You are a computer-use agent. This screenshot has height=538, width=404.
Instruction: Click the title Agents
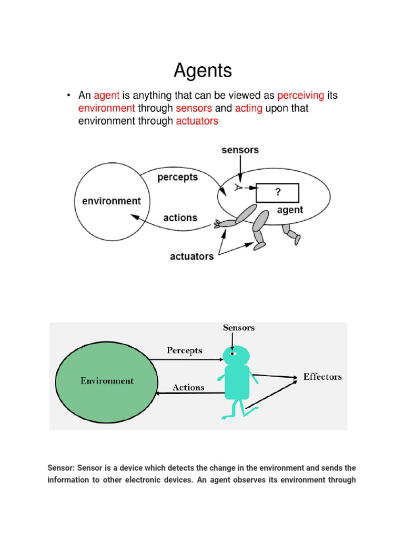tap(203, 70)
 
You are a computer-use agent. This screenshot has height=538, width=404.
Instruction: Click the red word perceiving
tap(300, 96)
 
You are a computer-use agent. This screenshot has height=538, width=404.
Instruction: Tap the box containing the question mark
tap(277, 193)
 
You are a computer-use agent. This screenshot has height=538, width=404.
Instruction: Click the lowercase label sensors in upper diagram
tap(240, 150)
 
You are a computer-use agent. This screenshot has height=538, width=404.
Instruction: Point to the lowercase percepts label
tap(177, 177)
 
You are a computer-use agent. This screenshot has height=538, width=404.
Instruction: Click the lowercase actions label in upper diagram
tap(180, 218)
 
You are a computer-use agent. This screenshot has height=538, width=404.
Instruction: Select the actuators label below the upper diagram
tap(191, 256)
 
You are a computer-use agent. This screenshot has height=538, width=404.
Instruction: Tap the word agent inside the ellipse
tap(290, 210)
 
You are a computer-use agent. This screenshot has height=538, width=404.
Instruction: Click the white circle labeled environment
tap(112, 201)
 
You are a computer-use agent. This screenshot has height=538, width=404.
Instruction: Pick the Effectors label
tap(322, 377)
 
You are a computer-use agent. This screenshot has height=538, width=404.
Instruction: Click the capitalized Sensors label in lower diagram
tap(239, 328)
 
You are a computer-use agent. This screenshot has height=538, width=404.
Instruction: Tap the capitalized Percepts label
tap(184, 350)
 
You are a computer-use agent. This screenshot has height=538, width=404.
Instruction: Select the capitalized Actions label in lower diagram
tap(188, 388)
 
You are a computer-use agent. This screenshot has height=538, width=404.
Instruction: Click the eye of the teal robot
tap(233, 354)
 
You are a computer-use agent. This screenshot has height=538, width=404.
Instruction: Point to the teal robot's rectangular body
tap(237, 382)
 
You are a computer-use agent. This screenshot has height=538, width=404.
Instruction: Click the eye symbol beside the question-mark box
tap(239, 188)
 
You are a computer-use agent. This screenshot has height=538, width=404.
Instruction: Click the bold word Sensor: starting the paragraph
tap(61, 468)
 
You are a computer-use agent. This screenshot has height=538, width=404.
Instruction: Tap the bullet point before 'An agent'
tap(68, 96)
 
